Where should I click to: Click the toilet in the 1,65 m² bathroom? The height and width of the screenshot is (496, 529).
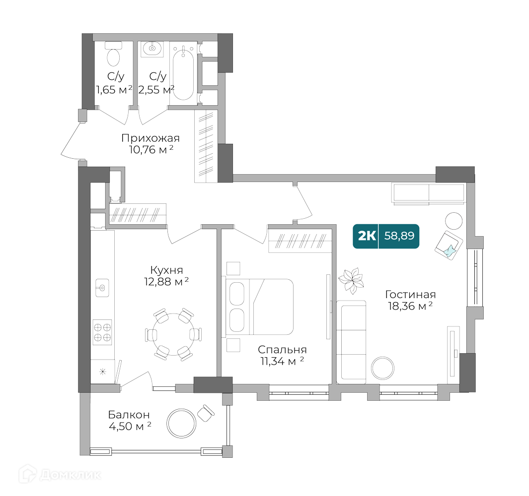pos(114,55)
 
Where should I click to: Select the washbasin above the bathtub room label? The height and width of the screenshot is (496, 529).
pos(152,49)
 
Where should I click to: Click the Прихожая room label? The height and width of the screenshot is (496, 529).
pos(150,138)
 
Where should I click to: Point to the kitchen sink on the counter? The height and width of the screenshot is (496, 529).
pos(102,287)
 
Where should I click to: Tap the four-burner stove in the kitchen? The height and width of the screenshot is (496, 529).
pos(102,332)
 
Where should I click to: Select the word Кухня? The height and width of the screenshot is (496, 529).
pos(166,270)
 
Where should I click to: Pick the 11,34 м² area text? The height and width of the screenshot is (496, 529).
pos(281,362)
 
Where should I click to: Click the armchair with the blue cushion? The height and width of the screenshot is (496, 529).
pos(449,245)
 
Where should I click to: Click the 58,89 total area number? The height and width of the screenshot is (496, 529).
pos(399,236)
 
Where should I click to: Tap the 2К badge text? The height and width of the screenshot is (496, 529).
pos(367,236)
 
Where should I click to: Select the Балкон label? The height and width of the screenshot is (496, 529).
pos(129,415)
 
